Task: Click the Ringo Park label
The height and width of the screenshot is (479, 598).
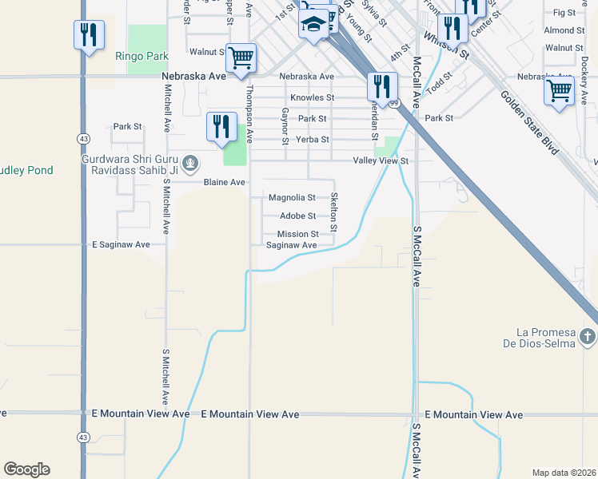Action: [x=142, y=57]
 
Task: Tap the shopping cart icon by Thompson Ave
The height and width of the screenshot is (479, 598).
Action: [x=241, y=57]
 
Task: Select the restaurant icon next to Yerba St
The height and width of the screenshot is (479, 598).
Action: [x=221, y=127]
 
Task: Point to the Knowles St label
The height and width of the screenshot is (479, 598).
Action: [x=312, y=97]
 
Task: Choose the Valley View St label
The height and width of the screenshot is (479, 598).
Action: [x=381, y=160]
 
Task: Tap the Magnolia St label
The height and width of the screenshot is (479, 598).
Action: [x=292, y=197]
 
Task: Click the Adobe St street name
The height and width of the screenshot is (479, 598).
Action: [x=297, y=216]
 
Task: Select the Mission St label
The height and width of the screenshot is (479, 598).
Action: [x=298, y=234]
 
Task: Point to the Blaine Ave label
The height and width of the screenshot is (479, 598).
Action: [x=224, y=182]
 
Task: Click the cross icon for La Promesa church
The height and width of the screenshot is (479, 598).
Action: [x=588, y=336]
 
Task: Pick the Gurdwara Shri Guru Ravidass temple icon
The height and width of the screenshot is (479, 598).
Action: [x=190, y=164]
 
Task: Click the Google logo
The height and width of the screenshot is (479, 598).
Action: [x=26, y=469]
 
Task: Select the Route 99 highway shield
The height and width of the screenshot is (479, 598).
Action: [x=393, y=103]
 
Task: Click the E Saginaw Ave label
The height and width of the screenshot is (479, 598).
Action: [x=121, y=244]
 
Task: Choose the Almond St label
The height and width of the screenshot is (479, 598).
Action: [x=564, y=30]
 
